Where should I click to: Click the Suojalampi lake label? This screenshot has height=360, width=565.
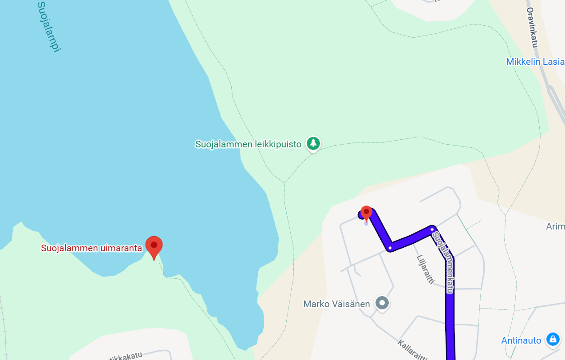coord(48,27)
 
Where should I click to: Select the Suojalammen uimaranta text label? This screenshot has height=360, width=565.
coord(91,248)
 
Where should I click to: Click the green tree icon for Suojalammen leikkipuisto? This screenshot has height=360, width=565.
coord(314,143)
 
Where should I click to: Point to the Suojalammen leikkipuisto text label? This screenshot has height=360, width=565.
coord(248,144)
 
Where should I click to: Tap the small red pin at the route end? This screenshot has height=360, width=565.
coord(366,213)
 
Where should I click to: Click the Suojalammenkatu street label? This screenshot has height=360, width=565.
coord(444,262)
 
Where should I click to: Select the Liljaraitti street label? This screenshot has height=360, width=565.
coord(424,269)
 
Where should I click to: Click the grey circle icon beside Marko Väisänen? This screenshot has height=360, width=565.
coord(382,303)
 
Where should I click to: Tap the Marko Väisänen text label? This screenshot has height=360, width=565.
coord(336,304)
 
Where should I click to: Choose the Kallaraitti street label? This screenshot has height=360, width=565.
coord(413,350)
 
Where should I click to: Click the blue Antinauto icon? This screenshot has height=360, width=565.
coord(553,340)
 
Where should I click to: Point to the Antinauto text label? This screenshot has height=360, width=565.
coord(521,340)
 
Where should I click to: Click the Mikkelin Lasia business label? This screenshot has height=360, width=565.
coord(535,62)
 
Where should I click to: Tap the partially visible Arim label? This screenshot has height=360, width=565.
coord(555,227)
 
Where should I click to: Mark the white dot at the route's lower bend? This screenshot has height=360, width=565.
coord(390,248)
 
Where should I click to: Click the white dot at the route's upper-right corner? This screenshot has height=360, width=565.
coord(432,229)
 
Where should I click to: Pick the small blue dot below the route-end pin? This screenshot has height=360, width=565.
coord(366,223)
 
